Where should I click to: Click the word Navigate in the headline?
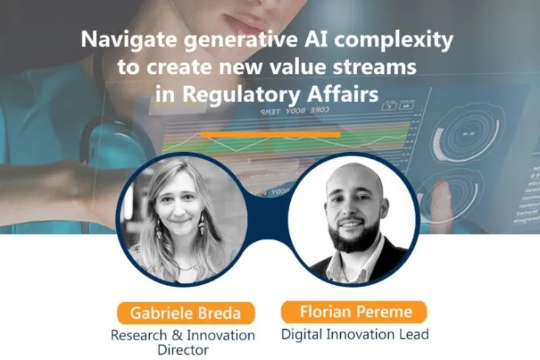[118, 40]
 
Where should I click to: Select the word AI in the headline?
[296, 40]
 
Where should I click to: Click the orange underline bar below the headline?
[270, 134]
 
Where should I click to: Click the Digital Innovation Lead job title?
[355, 334]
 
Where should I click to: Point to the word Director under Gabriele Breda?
[183, 350]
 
